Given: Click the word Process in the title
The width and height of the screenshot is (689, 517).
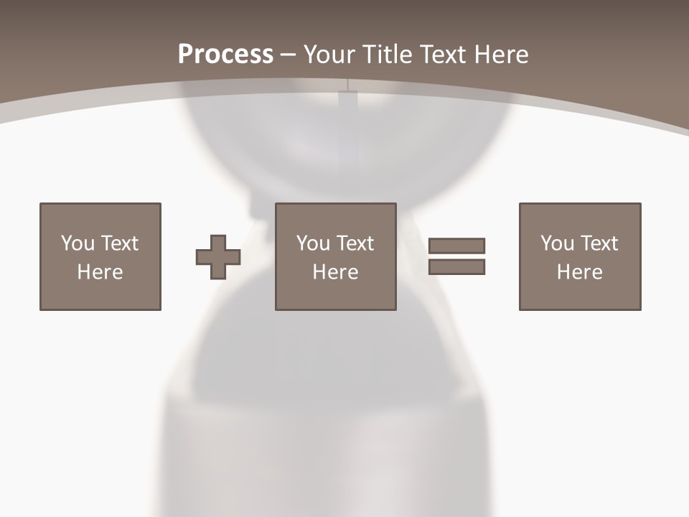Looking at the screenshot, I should click(x=225, y=55).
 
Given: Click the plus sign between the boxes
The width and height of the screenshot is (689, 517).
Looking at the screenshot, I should click(x=218, y=257).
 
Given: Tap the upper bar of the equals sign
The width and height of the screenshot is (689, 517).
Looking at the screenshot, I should click(x=456, y=246).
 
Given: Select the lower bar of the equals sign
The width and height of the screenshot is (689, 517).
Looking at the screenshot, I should click(x=456, y=267).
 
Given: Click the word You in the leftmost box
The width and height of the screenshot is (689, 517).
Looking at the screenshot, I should click(x=77, y=243).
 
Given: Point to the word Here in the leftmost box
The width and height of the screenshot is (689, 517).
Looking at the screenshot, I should click(x=100, y=272).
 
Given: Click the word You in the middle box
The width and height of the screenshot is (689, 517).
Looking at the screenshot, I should click(x=312, y=243).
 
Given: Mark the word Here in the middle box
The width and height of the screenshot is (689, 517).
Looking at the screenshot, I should click(x=336, y=272).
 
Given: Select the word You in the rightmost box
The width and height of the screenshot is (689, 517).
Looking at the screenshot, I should click(x=556, y=243).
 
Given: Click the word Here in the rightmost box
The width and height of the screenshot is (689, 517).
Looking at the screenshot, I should click(x=580, y=272).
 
